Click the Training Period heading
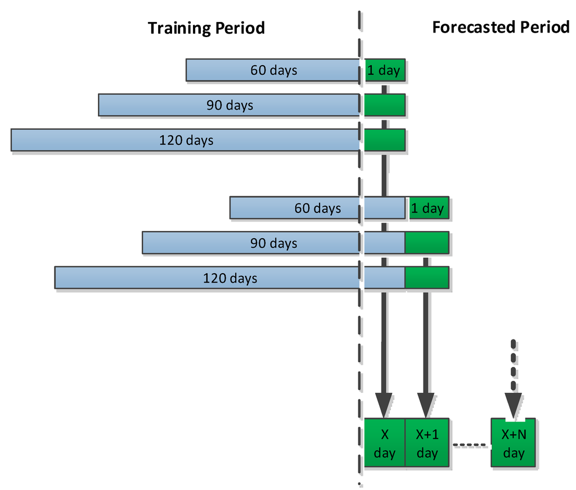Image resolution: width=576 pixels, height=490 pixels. pos(206,28)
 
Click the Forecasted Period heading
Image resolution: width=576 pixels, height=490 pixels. pos(501,27)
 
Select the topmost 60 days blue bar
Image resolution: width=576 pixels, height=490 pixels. pos(273,70)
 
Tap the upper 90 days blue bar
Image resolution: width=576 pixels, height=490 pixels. pos(229,105)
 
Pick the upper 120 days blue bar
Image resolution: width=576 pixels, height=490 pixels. pos(185,140)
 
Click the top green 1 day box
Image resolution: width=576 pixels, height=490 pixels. pos(384,70)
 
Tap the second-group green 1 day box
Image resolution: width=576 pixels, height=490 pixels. pos(427,208)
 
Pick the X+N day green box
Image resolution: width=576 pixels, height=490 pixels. pos(513,443)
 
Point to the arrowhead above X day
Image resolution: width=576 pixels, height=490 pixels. pos(384,404)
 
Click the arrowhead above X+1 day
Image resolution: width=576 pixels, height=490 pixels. pos(426,404)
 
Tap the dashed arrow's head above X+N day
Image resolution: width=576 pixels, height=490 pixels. pos(513,404)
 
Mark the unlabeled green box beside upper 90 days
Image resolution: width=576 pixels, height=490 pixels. pos(384,105)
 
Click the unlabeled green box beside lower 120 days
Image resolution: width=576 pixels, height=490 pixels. pos(427,278)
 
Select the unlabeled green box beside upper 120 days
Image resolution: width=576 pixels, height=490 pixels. pos(384,140)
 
